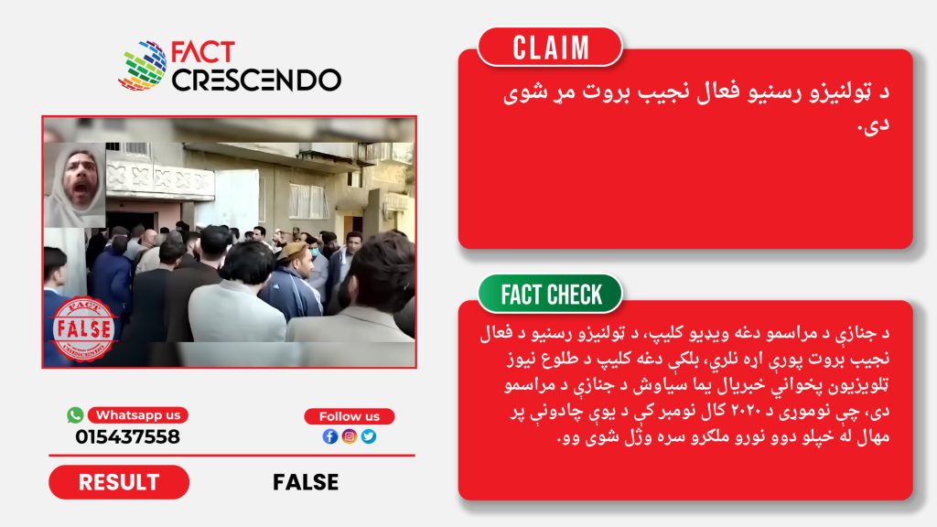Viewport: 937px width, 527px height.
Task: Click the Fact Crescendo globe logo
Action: (x=143, y=65)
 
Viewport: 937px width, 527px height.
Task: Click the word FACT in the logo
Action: (x=202, y=52)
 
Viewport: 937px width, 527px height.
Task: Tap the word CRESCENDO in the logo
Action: (x=256, y=81)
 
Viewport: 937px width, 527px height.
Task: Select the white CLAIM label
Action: (x=550, y=48)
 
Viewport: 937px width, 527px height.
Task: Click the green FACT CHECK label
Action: (x=550, y=294)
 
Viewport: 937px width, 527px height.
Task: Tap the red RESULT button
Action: (x=119, y=482)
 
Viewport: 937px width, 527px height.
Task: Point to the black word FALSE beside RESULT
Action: (x=306, y=482)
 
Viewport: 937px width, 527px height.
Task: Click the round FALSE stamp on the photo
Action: (x=83, y=329)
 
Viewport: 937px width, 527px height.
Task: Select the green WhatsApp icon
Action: (x=75, y=414)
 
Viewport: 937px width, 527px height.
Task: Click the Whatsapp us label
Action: (x=138, y=415)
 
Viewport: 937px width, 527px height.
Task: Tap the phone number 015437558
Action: (x=127, y=436)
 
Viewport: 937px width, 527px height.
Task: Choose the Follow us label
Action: (x=349, y=416)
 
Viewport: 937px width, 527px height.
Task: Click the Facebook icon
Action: (x=329, y=436)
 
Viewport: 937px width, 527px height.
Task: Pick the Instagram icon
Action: (x=350, y=436)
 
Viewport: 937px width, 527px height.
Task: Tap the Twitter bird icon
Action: (x=369, y=436)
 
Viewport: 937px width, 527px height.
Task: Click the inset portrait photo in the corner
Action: (x=75, y=185)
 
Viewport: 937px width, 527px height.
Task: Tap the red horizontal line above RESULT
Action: (x=232, y=456)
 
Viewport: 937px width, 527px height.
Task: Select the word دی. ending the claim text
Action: (x=874, y=124)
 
